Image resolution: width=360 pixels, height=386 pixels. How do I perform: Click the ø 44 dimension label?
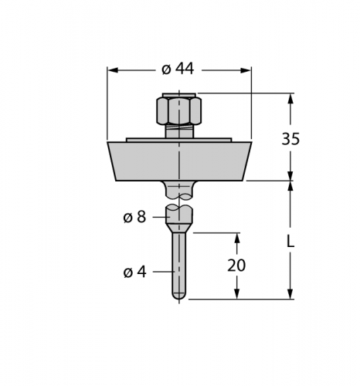[x=178, y=69]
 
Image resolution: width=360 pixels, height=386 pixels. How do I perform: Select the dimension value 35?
[x=290, y=140]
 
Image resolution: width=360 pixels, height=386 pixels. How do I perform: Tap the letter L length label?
[x=290, y=241]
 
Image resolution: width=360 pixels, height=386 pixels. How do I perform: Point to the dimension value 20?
[x=236, y=266]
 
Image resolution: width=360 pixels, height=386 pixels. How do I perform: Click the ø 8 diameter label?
[x=134, y=218]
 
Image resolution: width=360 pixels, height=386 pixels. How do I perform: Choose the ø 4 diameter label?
[x=134, y=272]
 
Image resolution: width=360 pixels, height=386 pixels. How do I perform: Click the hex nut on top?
[x=179, y=110]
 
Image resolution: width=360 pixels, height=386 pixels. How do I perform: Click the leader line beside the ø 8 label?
[x=159, y=218]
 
